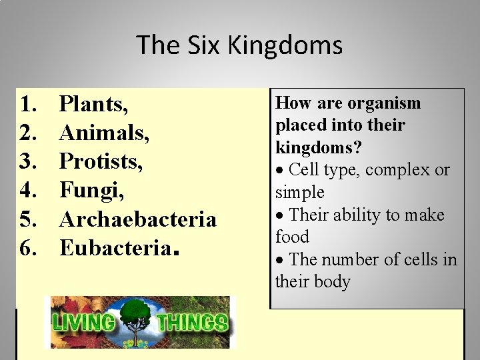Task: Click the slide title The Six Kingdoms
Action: [x=239, y=45]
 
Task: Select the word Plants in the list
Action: [x=93, y=105]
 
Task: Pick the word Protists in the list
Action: [x=101, y=162]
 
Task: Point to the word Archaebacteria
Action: [x=138, y=219]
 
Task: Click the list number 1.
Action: [x=28, y=105]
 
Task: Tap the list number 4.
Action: [x=28, y=191]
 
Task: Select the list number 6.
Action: [x=28, y=248]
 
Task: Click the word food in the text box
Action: [x=292, y=237]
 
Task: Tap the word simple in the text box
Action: [x=299, y=193]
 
